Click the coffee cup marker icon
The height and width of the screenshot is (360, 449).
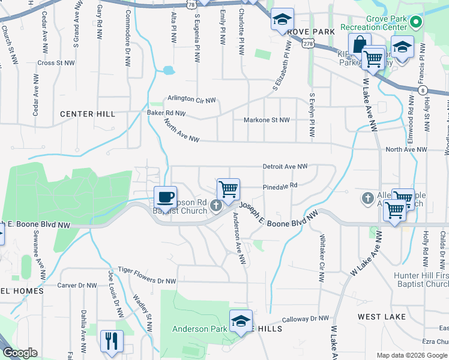click(165, 196)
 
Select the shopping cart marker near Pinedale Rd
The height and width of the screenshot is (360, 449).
click(228, 189)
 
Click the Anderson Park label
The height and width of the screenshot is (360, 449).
click(200, 329)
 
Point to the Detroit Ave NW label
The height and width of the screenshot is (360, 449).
click(285, 166)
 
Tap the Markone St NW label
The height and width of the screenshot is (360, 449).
click(267, 120)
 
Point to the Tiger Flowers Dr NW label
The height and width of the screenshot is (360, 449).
click(147, 271)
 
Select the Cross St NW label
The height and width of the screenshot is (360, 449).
click(56, 62)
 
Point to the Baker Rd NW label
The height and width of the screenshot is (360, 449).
click(166, 113)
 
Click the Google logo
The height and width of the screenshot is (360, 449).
click(20, 353)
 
